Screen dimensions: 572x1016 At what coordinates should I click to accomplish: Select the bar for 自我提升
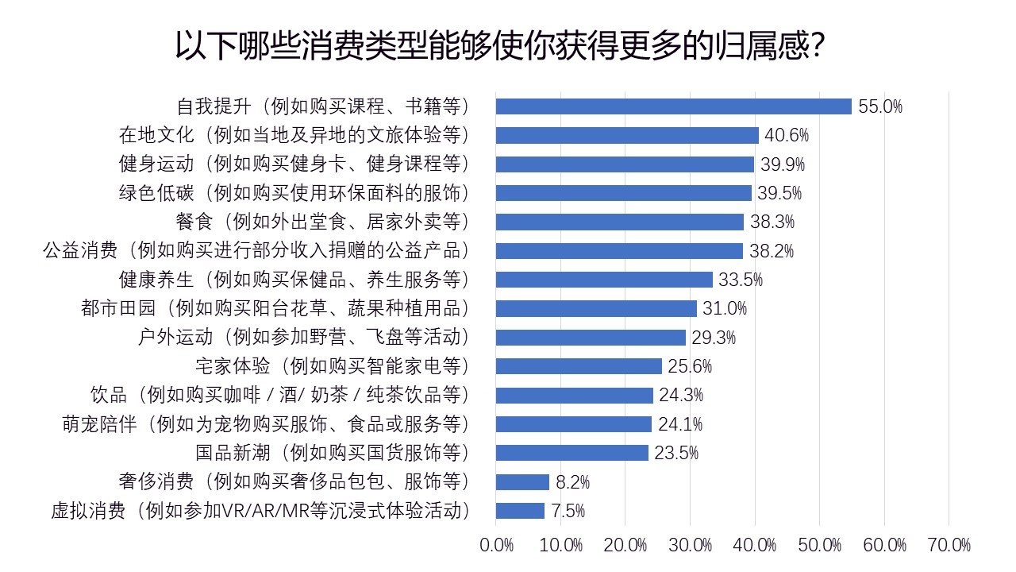(673, 106)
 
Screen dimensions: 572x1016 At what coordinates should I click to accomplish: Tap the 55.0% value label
(880, 107)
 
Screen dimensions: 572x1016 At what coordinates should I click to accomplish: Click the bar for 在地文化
(627, 135)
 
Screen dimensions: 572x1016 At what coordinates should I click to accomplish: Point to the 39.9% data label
(783, 164)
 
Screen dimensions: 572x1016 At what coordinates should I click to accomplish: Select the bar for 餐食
(619, 222)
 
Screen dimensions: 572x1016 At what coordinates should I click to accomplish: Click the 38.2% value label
(772, 251)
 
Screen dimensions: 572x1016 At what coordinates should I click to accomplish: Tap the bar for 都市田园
(596, 308)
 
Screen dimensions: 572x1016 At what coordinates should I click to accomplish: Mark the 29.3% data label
(714, 338)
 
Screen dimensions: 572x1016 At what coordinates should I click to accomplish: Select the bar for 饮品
(574, 395)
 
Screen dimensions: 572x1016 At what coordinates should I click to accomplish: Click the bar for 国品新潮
(571, 453)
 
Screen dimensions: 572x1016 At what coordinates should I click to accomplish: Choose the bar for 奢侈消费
(522, 482)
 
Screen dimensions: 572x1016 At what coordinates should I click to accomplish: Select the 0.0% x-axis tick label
(497, 545)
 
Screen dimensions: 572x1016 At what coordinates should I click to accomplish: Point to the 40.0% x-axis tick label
(755, 545)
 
